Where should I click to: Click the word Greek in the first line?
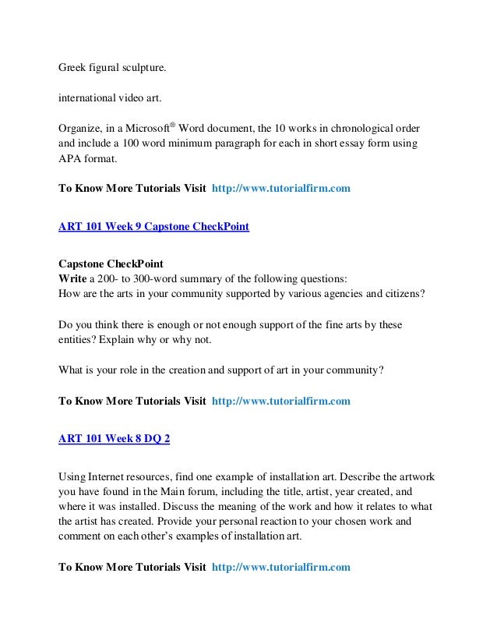tap(73, 66)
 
